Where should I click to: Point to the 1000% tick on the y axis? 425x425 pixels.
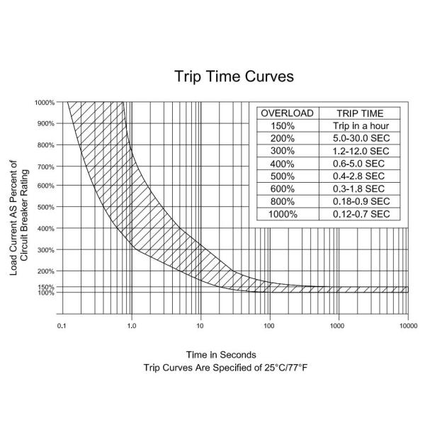point(45,103)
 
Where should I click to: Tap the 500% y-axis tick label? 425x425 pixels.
point(46,208)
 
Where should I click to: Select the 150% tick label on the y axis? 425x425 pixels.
point(46,287)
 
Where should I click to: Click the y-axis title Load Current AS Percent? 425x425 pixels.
point(14,212)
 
